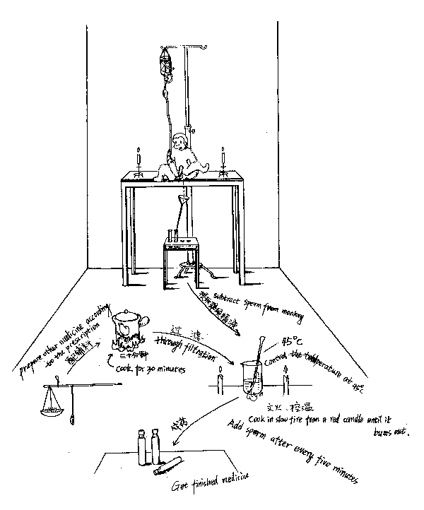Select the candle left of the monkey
138,160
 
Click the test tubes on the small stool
172,235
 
